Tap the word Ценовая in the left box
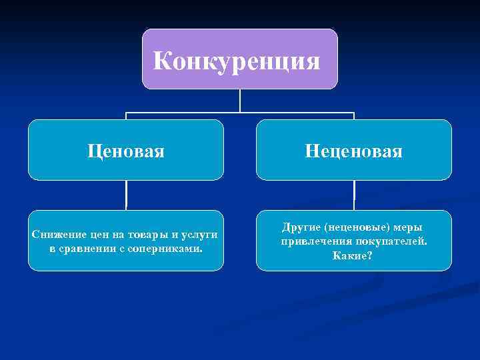pos(126,151)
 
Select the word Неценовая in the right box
pos(353,151)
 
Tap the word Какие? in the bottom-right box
pos(353,255)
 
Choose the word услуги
pos(202,235)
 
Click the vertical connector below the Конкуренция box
pos(240,100)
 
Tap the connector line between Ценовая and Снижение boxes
pos(126,195)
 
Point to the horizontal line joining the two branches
pos(187,112)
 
